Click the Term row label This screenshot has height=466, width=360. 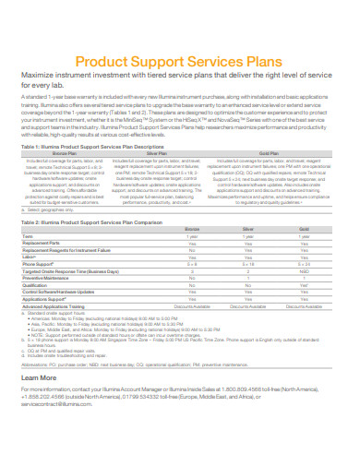(x=29, y=237)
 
